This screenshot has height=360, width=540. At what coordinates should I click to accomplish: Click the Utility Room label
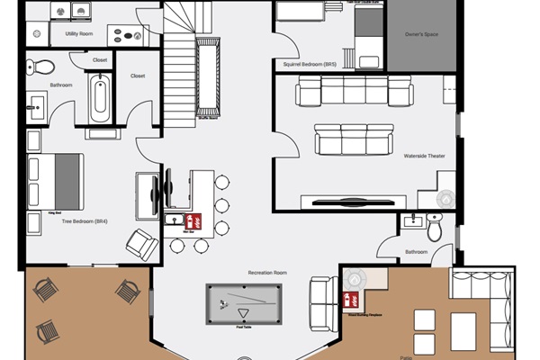pos(79,34)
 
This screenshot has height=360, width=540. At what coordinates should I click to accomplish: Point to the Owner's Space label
pos(418,35)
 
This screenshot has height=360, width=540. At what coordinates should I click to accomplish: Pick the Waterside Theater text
pos(424,155)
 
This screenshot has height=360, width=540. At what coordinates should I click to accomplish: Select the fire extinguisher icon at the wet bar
pos(190,219)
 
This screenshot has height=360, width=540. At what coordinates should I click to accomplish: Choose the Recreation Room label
pos(267,271)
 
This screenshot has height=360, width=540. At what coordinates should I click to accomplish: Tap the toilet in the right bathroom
pos(435,230)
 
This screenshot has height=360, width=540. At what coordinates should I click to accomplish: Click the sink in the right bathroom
pos(414,220)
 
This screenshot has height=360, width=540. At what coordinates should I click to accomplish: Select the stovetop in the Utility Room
pos(125,34)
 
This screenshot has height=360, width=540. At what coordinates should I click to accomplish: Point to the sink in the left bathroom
pos(37,104)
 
